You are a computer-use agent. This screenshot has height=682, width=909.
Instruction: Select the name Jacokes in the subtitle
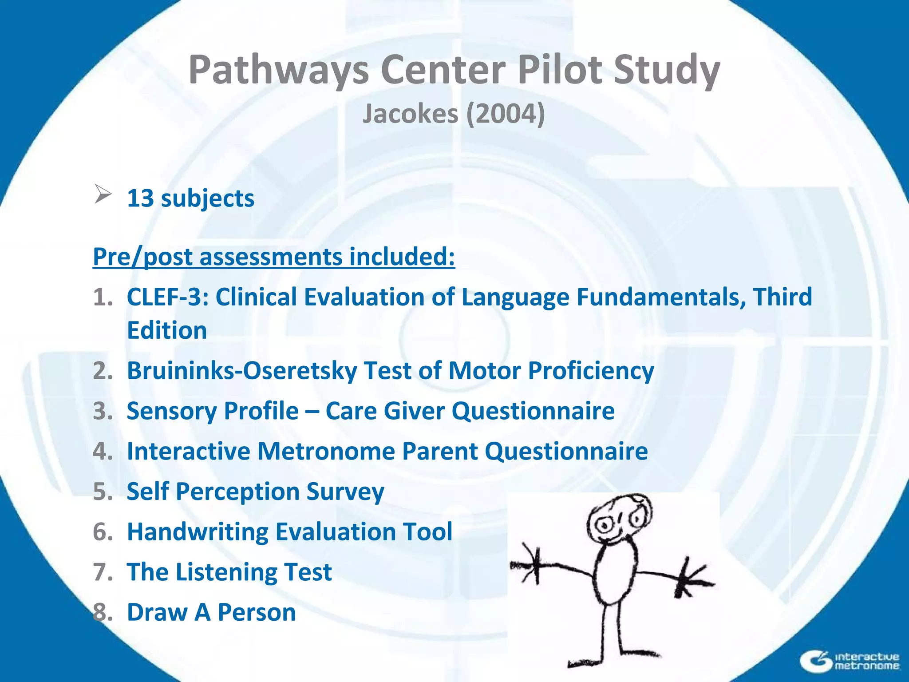[410, 114]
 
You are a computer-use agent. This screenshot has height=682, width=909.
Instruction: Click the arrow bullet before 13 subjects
[103, 195]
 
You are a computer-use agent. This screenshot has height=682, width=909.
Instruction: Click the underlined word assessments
[271, 257]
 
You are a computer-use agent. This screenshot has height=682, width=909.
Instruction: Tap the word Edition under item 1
[167, 330]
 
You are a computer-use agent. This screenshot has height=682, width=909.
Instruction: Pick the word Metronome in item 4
[326, 451]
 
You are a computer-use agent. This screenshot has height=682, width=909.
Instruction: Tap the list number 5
[103, 492]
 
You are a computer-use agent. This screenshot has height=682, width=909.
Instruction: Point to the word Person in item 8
[257, 612]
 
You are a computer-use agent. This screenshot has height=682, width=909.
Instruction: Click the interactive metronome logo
[850, 661]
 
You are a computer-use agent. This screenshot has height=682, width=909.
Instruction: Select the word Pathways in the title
[279, 69]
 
